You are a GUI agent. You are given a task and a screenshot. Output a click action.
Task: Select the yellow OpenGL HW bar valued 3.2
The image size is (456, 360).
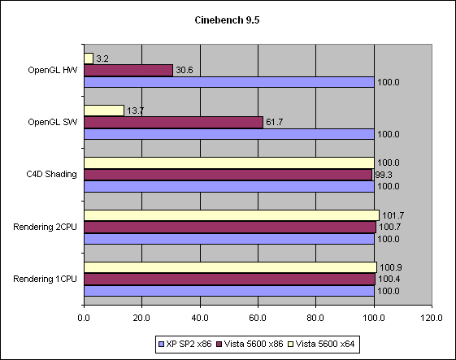point(89,59)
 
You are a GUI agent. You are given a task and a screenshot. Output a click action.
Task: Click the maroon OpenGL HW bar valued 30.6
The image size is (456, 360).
point(128,71)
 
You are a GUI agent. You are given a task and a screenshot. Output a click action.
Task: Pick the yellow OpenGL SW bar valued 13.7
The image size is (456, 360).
point(104,111)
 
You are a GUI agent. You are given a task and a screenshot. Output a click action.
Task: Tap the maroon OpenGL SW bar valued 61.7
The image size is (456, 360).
point(173,122)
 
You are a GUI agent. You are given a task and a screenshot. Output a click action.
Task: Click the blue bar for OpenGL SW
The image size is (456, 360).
point(228,134)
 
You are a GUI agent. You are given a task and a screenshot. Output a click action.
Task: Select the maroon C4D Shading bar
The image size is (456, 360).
point(228,174)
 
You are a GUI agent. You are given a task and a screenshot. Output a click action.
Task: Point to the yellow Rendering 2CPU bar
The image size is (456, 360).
point(231,215)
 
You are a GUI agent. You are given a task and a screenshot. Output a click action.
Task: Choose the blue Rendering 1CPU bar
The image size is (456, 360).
point(228,290)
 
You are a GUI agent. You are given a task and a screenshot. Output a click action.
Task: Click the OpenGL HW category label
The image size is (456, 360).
point(51,71)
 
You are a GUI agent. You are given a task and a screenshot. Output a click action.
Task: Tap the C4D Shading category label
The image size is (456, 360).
point(51,175)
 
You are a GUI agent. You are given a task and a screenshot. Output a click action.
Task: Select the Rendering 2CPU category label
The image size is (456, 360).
point(46,227)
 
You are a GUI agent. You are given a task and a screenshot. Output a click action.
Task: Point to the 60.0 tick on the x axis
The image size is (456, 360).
point(258,318)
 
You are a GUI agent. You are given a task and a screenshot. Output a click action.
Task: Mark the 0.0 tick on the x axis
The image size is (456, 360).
point(84,318)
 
